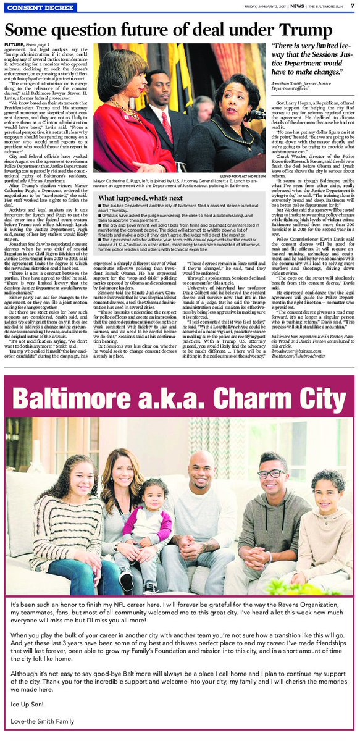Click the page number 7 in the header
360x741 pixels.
pyautogui.click(x=351, y=6)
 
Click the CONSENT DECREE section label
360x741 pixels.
pyautogui.click(x=35, y=7)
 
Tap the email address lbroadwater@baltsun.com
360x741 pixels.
pyautogui.click(x=293, y=353)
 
